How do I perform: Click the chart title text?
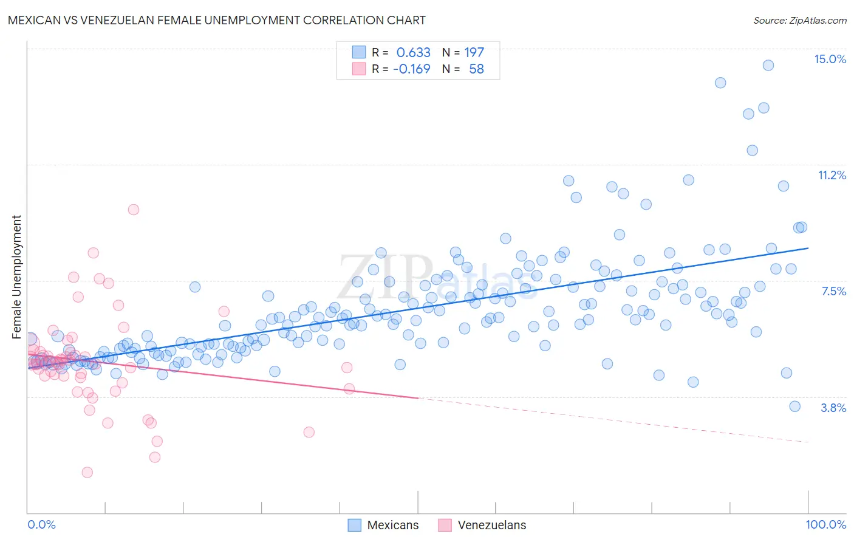click(x=216, y=20)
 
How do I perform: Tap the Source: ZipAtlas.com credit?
click(x=799, y=20)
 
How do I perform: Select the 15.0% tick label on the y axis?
click(x=830, y=59)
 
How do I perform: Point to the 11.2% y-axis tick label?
click(x=832, y=175)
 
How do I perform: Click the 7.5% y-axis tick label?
click(x=833, y=291)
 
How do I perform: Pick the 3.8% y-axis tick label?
click(x=833, y=408)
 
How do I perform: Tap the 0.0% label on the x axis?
click(x=41, y=524)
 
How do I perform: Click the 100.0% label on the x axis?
click(x=825, y=524)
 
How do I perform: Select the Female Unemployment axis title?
click(x=16, y=276)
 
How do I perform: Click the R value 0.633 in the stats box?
click(x=413, y=53)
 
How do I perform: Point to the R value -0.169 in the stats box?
click(x=411, y=69)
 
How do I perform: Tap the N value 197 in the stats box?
click(x=474, y=53)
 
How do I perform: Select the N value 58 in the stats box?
click(x=476, y=69)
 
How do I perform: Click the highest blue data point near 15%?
click(x=768, y=66)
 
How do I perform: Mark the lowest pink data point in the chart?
click(x=87, y=472)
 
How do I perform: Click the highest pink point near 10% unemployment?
click(x=134, y=210)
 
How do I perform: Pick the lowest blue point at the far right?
click(x=794, y=406)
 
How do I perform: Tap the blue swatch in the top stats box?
click(x=359, y=53)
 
